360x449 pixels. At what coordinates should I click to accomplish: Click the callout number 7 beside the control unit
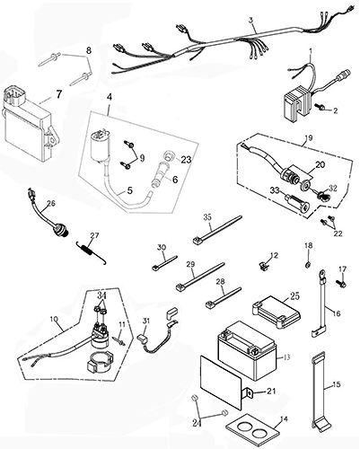pyautogui.click(x=59, y=94)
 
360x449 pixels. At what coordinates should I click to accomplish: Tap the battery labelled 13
pyautogui.click(x=247, y=350)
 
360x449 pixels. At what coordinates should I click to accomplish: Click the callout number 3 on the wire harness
pyautogui.click(x=250, y=21)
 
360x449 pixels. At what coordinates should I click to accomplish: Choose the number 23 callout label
pyautogui.click(x=187, y=159)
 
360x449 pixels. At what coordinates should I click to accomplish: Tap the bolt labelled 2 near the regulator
pyautogui.click(x=319, y=106)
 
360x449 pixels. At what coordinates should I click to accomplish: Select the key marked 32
pyautogui.click(x=322, y=196)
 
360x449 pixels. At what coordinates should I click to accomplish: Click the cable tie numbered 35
pyautogui.click(x=217, y=230)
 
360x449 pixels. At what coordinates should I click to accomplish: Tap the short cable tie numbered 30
pyautogui.click(x=164, y=263)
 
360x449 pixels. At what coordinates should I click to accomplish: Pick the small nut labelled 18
pyautogui.click(x=307, y=264)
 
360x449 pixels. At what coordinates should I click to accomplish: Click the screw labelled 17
pyautogui.click(x=341, y=283)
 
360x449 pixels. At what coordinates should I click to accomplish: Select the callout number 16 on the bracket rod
pyautogui.click(x=337, y=313)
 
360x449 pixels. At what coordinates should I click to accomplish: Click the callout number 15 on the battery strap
pyautogui.click(x=337, y=384)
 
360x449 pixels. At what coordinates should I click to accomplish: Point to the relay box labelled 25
pyautogui.click(x=276, y=312)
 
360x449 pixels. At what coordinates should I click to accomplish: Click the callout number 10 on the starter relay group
pyautogui.click(x=54, y=319)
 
